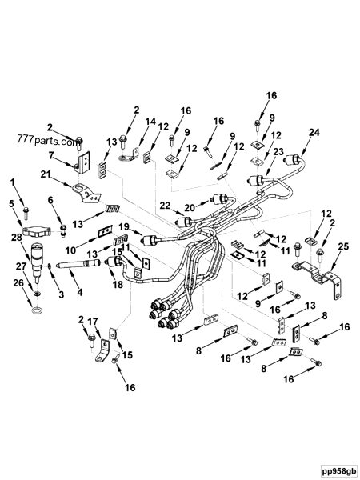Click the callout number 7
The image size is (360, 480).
pos(52,154)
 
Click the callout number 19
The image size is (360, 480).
pos(126,227)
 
